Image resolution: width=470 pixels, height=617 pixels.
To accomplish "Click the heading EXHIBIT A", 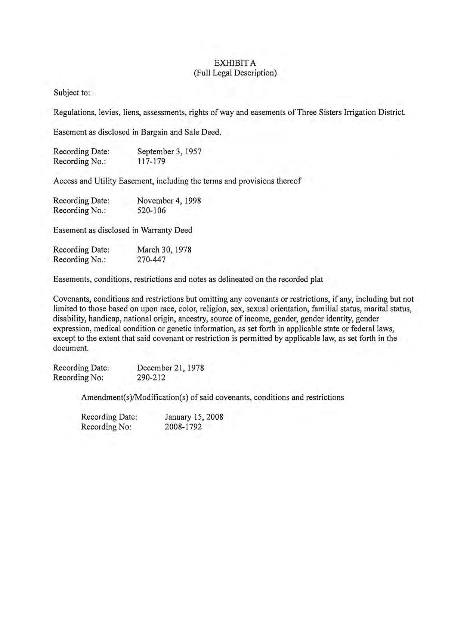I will [235, 63].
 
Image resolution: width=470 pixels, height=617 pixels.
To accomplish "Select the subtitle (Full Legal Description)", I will [235, 73].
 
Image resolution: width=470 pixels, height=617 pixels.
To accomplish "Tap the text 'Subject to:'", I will [72, 93].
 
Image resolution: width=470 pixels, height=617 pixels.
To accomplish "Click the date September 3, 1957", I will [169, 151].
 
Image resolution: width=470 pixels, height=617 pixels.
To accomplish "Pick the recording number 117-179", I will [151, 161].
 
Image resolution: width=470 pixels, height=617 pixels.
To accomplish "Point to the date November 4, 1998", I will [169, 201].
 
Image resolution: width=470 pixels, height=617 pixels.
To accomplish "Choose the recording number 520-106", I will [151, 210].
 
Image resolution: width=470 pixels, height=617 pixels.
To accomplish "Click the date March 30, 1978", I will [164, 250].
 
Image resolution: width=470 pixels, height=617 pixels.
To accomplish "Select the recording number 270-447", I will [151, 259].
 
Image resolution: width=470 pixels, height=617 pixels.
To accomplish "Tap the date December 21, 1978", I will [170, 367].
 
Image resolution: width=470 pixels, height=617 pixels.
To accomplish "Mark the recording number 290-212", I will [151, 377].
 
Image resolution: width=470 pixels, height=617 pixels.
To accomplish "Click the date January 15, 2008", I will [194, 417].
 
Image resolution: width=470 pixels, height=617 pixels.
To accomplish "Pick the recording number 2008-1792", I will [183, 426].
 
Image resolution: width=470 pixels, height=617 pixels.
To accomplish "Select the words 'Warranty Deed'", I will [166, 230].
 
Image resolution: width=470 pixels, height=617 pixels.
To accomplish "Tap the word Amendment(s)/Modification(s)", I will [134, 397].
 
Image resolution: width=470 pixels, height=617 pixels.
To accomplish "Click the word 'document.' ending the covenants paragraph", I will [71, 348].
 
